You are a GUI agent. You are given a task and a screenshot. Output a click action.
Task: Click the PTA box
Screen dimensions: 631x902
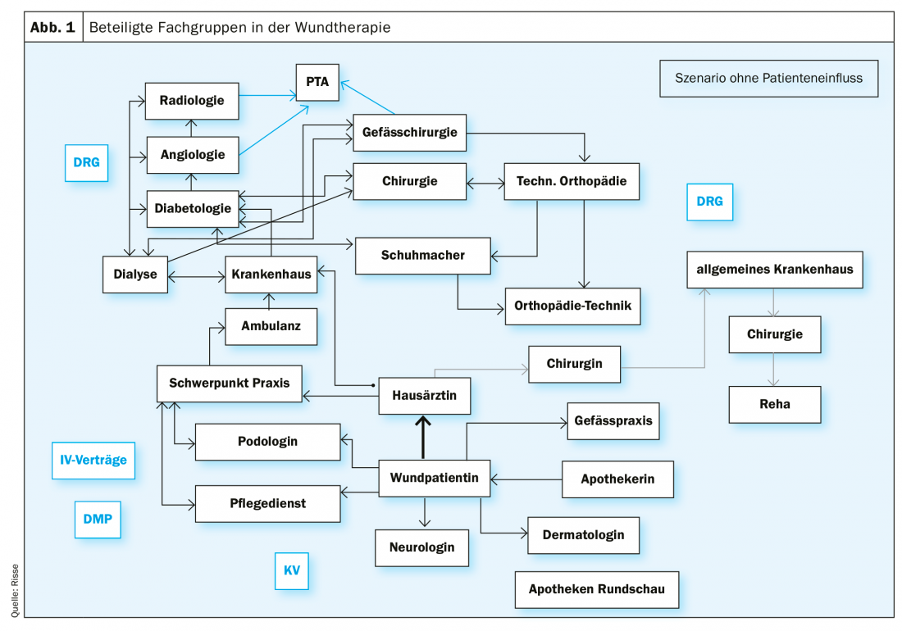(x=317, y=82)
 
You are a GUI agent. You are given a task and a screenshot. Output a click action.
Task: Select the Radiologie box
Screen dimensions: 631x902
(x=192, y=102)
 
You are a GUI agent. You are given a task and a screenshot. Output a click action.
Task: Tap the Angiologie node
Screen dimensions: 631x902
(x=192, y=154)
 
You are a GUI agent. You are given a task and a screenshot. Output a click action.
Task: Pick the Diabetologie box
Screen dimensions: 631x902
(x=193, y=208)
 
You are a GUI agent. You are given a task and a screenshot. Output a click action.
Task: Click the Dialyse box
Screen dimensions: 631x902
(x=135, y=275)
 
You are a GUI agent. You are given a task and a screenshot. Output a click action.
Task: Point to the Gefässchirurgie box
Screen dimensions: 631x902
(x=409, y=133)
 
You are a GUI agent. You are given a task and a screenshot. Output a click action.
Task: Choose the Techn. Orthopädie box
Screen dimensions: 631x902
(x=571, y=182)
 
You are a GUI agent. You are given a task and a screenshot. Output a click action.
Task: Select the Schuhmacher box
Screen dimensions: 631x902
(x=422, y=256)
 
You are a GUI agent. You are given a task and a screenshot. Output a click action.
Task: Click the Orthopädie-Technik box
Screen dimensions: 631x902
(x=572, y=306)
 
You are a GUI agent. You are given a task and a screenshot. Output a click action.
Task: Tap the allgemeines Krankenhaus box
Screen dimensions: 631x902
(x=774, y=270)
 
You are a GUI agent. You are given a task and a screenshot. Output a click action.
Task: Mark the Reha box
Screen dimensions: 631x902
(x=774, y=404)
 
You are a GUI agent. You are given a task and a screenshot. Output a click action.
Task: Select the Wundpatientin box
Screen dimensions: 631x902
(x=434, y=479)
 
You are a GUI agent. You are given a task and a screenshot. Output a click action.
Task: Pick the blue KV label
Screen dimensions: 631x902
(x=292, y=570)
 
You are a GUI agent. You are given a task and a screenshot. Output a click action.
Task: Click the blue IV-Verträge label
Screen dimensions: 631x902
(x=93, y=460)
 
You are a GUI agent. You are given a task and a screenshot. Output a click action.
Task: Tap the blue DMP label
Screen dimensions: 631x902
(x=97, y=519)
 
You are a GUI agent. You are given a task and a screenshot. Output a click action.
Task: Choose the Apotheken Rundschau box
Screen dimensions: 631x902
(x=596, y=589)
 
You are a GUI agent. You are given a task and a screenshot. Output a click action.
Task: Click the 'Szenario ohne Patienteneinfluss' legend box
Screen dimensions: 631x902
(x=768, y=79)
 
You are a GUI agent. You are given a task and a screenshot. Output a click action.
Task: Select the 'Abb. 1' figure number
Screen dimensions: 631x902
(x=52, y=27)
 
